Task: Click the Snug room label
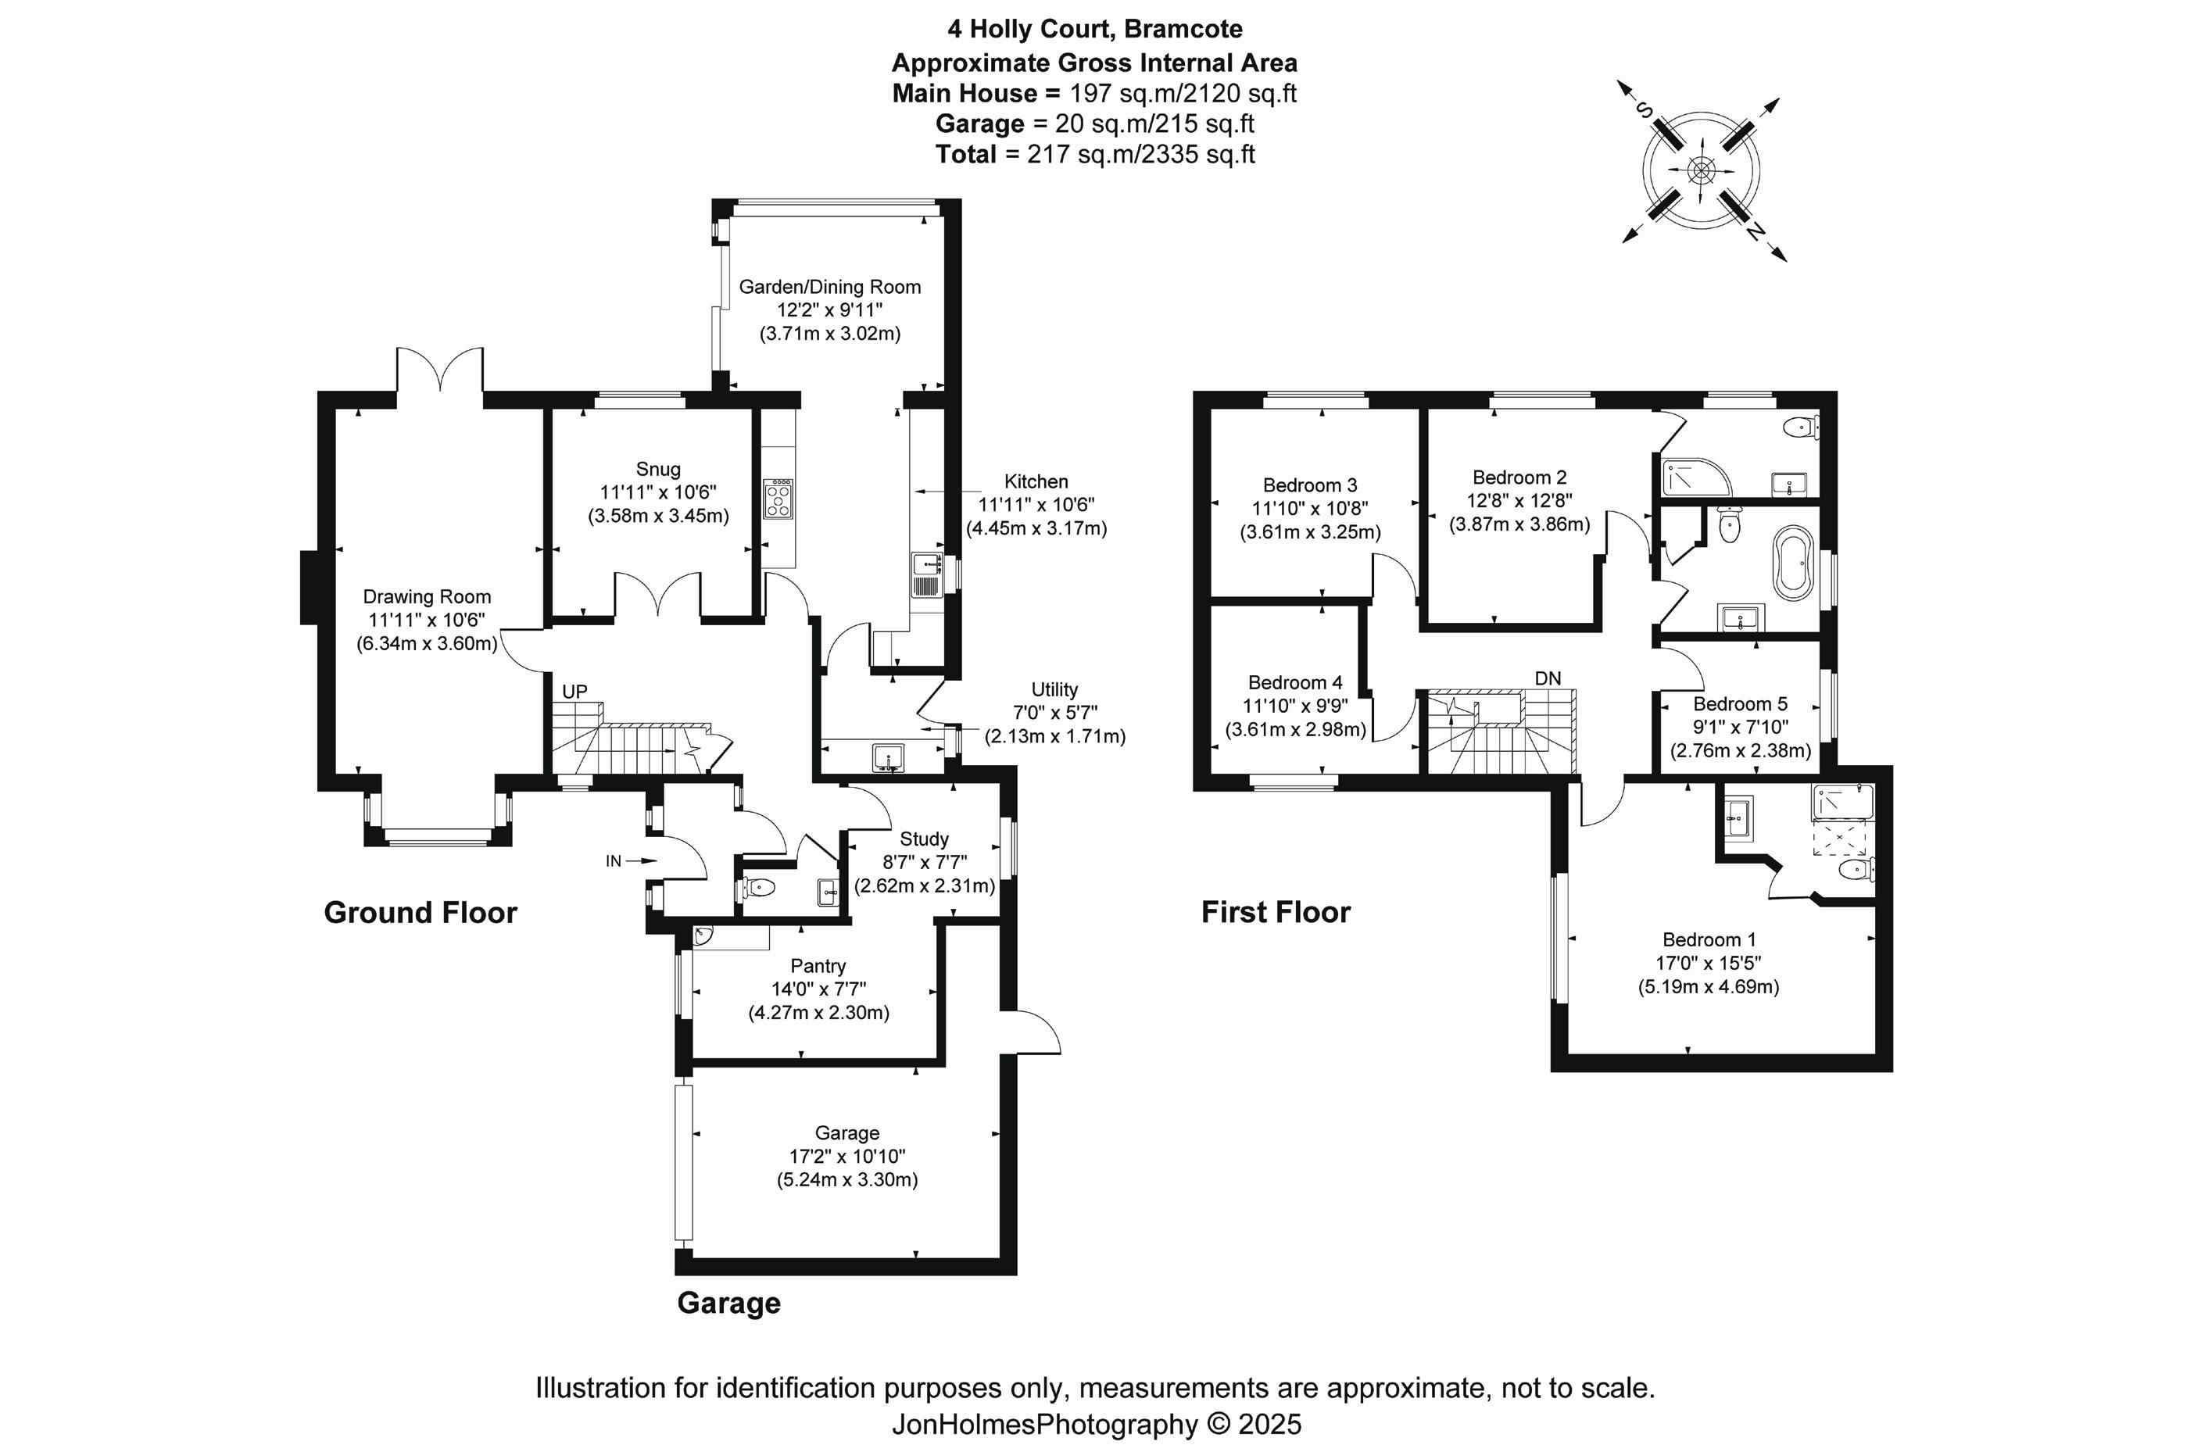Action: [x=657, y=469]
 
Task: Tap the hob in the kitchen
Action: [x=778, y=499]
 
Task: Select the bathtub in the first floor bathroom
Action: [x=1793, y=562]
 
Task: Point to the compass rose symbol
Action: [x=1701, y=170]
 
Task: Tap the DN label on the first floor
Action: [x=1548, y=678]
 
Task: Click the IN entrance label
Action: [x=614, y=860]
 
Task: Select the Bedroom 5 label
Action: [x=1740, y=704]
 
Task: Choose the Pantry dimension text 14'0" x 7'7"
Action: [x=818, y=989]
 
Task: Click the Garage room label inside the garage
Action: [x=846, y=1132]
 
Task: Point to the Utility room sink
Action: [x=888, y=757]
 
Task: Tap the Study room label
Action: [x=924, y=839]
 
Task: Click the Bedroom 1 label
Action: [x=1708, y=939]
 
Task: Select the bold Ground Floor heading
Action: [x=421, y=912]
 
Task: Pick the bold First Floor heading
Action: [x=1275, y=912]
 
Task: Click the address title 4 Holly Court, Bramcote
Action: [x=1094, y=30]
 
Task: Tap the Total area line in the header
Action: [x=1094, y=154]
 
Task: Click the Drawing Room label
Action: [x=427, y=596]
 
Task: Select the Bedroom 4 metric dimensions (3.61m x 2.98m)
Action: [x=1294, y=730]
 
